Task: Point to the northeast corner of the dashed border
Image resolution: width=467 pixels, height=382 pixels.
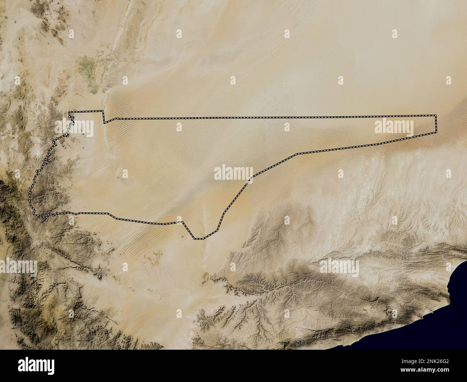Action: tap(436, 115)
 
